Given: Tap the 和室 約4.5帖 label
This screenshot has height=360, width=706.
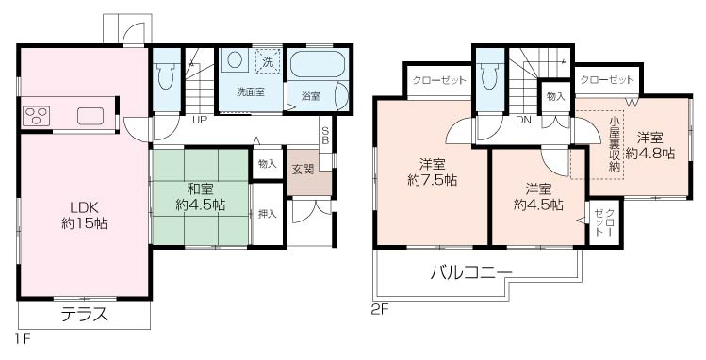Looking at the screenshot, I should click(199, 195).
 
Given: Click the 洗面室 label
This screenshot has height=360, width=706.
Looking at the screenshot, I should click(250, 91).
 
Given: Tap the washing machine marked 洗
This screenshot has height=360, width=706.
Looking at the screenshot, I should click(268, 61).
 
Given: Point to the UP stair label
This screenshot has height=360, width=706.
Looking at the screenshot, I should click(200, 121).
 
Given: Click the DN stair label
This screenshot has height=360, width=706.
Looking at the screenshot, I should click(521, 121).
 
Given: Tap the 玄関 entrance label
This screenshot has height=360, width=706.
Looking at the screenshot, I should click(302, 170).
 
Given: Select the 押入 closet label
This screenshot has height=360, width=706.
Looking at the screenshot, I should click(267, 214).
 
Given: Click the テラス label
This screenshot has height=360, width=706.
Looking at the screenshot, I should click(85, 314).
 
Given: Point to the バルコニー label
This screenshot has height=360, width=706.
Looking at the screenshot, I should click(470, 273).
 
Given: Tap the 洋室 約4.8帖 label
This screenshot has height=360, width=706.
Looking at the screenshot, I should click(654, 143).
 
